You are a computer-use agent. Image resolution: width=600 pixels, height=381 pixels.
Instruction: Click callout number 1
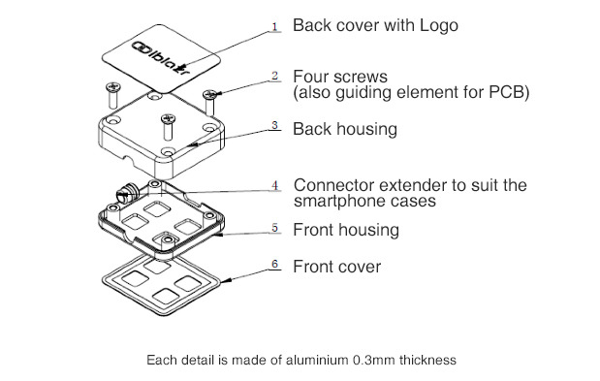tap(274, 26)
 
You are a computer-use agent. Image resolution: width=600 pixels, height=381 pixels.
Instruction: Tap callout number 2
tap(274, 76)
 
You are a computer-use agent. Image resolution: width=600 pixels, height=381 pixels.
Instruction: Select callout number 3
tap(274, 125)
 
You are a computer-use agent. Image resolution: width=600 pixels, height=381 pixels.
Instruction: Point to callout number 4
tap(274, 185)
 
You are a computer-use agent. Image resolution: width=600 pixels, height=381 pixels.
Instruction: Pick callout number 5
tap(274, 228)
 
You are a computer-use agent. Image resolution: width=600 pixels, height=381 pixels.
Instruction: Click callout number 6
tap(274, 264)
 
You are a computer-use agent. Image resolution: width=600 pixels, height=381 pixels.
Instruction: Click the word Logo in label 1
tap(439, 26)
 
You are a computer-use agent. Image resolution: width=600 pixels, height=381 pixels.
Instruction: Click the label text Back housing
tap(345, 129)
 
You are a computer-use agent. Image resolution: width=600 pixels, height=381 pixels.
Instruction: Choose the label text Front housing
tap(346, 230)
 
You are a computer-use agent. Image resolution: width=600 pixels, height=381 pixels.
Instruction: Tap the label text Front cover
tap(337, 267)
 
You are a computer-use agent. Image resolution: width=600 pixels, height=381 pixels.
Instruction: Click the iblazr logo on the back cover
tap(161, 58)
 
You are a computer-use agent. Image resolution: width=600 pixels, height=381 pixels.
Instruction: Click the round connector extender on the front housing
tap(127, 192)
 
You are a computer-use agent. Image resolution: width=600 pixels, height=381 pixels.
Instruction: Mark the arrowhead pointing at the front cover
tap(226, 280)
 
